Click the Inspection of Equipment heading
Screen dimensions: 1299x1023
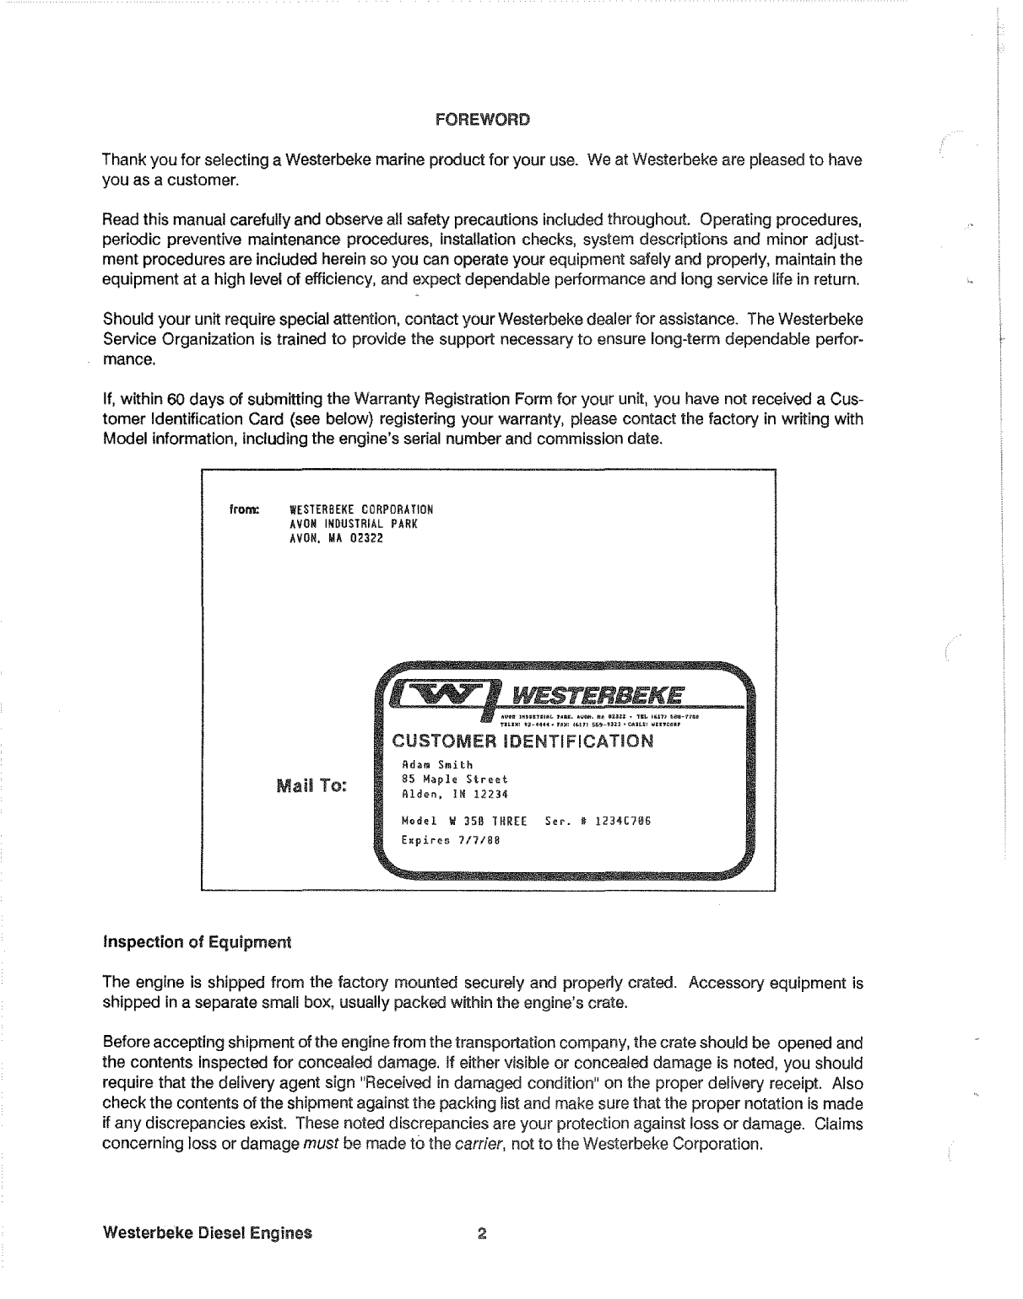[196, 941]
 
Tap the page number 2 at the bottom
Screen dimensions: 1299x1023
[482, 1232]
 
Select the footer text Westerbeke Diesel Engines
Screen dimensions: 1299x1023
[207, 1232]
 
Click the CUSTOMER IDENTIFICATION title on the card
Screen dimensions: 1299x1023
[521, 741]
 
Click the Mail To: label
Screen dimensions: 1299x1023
[311, 788]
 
